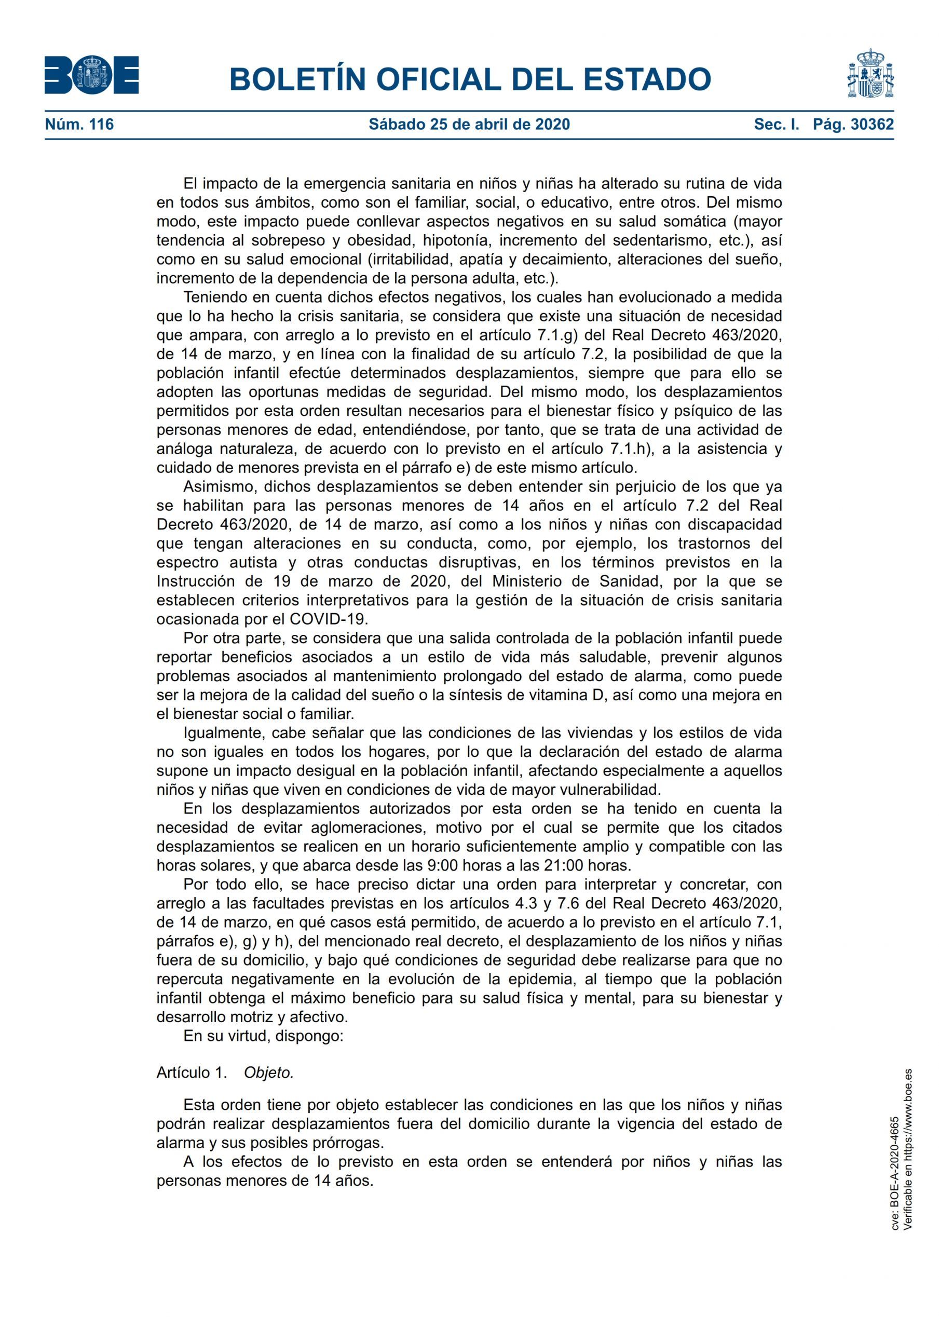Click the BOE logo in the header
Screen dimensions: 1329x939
[x=91, y=75]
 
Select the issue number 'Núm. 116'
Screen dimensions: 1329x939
[x=79, y=124]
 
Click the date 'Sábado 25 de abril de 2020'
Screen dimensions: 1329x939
[x=469, y=124]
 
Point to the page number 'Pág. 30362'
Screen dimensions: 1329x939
[x=853, y=124]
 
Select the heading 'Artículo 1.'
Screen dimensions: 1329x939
[x=192, y=1073]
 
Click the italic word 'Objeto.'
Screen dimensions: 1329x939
[x=268, y=1073]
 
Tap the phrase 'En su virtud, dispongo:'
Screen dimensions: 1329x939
[x=263, y=1036]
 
